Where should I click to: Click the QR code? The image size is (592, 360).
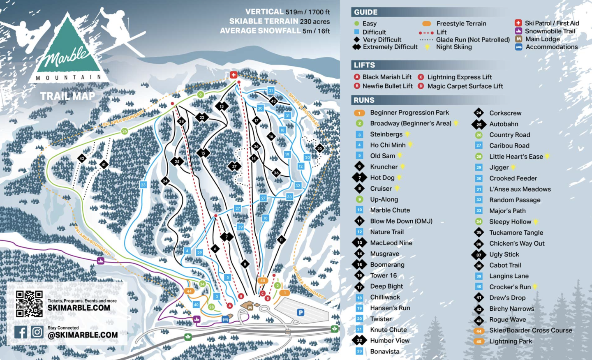point(29,304)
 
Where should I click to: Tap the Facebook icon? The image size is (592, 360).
point(21,332)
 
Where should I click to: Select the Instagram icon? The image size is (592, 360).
point(37,332)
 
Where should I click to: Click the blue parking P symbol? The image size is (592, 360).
point(301,313)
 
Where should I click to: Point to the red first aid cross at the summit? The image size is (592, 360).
point(234,74)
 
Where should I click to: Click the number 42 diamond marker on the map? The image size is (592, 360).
point(82,158)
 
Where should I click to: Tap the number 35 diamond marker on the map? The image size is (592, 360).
point(319,148)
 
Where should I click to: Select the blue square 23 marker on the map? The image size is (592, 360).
point(143,185)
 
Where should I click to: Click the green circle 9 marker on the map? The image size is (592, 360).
point(201,95)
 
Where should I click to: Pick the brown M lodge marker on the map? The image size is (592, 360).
point(250,307)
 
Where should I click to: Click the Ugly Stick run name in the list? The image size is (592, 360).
point(504,254)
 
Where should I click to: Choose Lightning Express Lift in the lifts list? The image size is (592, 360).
point(459,77)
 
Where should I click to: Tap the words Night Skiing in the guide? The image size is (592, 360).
point(454,47)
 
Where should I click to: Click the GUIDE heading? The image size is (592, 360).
point(365,12)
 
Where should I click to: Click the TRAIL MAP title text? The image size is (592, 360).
point(67,96)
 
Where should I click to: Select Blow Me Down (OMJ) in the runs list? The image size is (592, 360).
point(401,221)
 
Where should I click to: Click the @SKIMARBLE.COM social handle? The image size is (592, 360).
point(83,335)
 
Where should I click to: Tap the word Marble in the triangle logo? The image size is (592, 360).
point(67,57)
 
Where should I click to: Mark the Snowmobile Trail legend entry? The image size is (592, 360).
point(550,31)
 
